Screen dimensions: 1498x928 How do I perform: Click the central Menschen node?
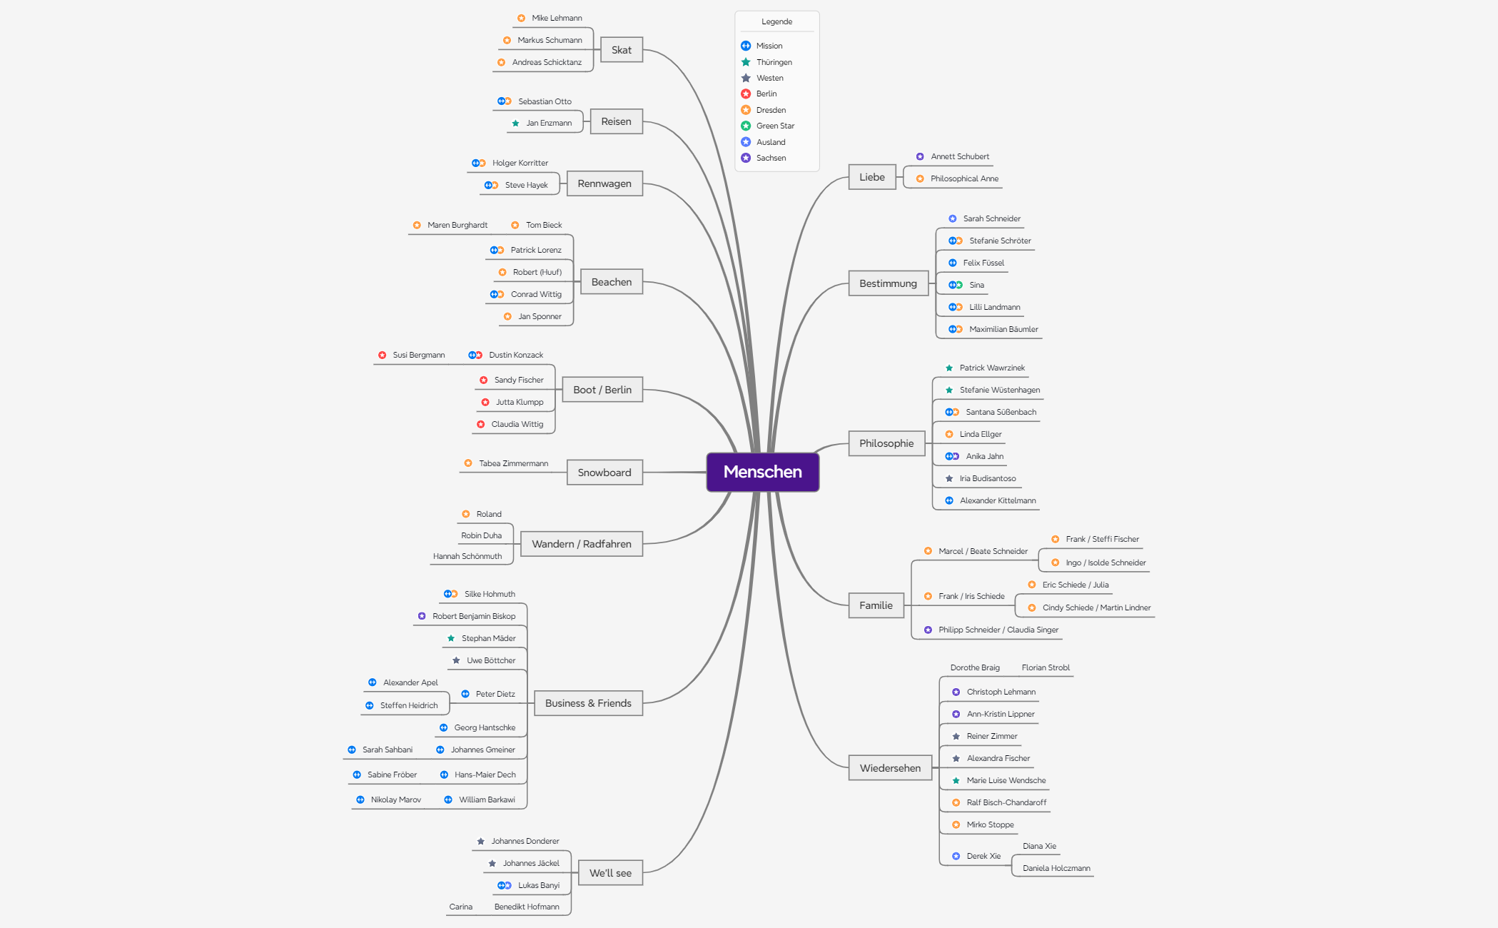pyautogui.click(x=762, y=472)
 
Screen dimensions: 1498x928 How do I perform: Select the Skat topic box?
pyautogui.click(x=621, y=50)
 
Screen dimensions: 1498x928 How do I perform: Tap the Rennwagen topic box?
pyautogui.click(x=604, y=183)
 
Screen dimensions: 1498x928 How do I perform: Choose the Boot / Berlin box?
pyautogui.click(x=602, y=390)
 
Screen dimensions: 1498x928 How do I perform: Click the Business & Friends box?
pyautogui.click(x=588, y=703)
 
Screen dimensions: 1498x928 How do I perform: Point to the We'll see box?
pyautogui.click(x=610, y=873)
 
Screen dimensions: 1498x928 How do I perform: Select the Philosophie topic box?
pyautogui.click(x=886, y=443)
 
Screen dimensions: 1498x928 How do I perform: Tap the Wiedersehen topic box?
pyautogui.click(x=890, y=768)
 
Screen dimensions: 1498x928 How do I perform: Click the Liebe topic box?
pyautogui.click(x=872, y=177)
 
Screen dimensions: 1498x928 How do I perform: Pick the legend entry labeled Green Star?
pyautogui.click(x=775, y=126)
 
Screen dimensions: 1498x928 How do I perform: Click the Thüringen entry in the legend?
pyautogui.click(x=774, y=62)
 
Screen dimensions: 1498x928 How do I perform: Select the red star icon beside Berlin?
pyautogui.click(x=746, y=94)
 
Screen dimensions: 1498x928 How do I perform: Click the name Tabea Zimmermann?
pyautogui.click(x=514, y=463)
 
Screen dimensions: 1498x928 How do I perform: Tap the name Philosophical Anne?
pyautogui.click(x=964, y=178)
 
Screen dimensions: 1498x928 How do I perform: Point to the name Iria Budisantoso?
pyautogui.click(x=988, y=478)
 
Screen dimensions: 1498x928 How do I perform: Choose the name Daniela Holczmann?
pyautogui.click(x=1056, y=868)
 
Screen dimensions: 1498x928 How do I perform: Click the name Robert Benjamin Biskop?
pyautogui.click(x=474, y=616)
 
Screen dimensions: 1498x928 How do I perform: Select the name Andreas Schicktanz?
pyautogui.click(x=547, y=62)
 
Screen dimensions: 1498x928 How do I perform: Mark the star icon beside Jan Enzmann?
pyautogui.click(x=515, y=123)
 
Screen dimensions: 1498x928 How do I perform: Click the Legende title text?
pyautogui.click(x=776, y=21)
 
